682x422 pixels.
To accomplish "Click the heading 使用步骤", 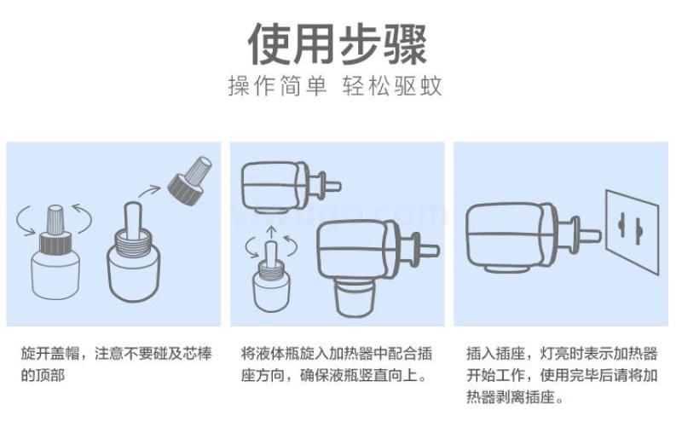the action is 338,44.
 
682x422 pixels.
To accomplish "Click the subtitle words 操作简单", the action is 277,85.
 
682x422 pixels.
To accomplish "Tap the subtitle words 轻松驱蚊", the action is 392,85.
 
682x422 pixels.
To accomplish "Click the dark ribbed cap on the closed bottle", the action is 55,243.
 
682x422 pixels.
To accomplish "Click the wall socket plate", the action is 633,232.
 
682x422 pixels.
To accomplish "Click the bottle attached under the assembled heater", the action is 355,298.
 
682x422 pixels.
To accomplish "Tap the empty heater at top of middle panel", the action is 291,187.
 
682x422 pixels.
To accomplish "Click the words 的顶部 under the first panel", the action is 43,375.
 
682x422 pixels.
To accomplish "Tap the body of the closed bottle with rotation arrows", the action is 55,276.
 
